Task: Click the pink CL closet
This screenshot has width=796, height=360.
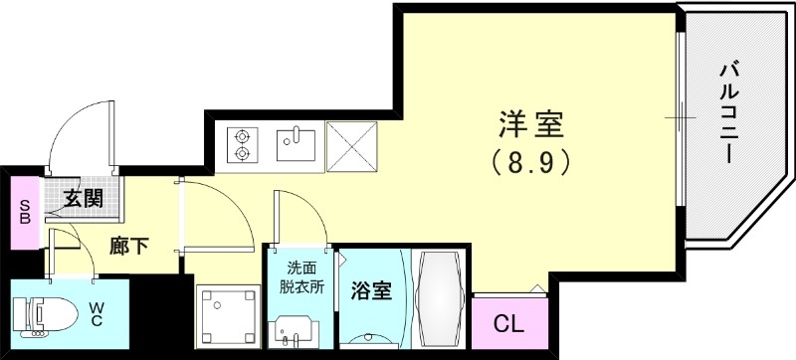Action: point(507,323)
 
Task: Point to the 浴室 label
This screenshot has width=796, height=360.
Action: point(371,293)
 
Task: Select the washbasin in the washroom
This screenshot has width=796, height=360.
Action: point(296,330)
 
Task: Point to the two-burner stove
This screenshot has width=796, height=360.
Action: point(241,145)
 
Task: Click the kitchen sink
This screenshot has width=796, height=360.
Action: point(297,144)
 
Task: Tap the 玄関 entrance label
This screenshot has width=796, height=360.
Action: point(85,197)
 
